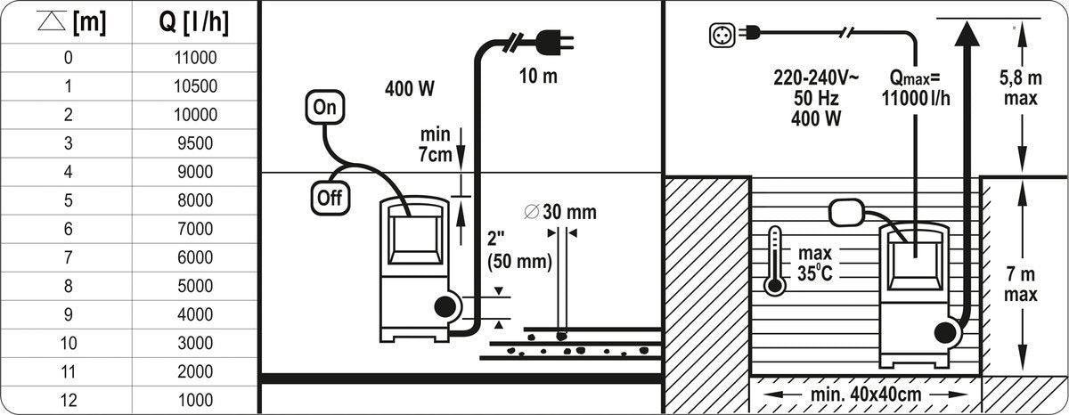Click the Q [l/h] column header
tap(192, 24)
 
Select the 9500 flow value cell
tap(192, 142)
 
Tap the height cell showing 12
tap(69, 400)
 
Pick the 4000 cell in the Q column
tap(192, 314)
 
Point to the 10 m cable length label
tap(538, 76)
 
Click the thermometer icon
tap(775, 260)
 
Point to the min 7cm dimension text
tap(436, 144)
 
